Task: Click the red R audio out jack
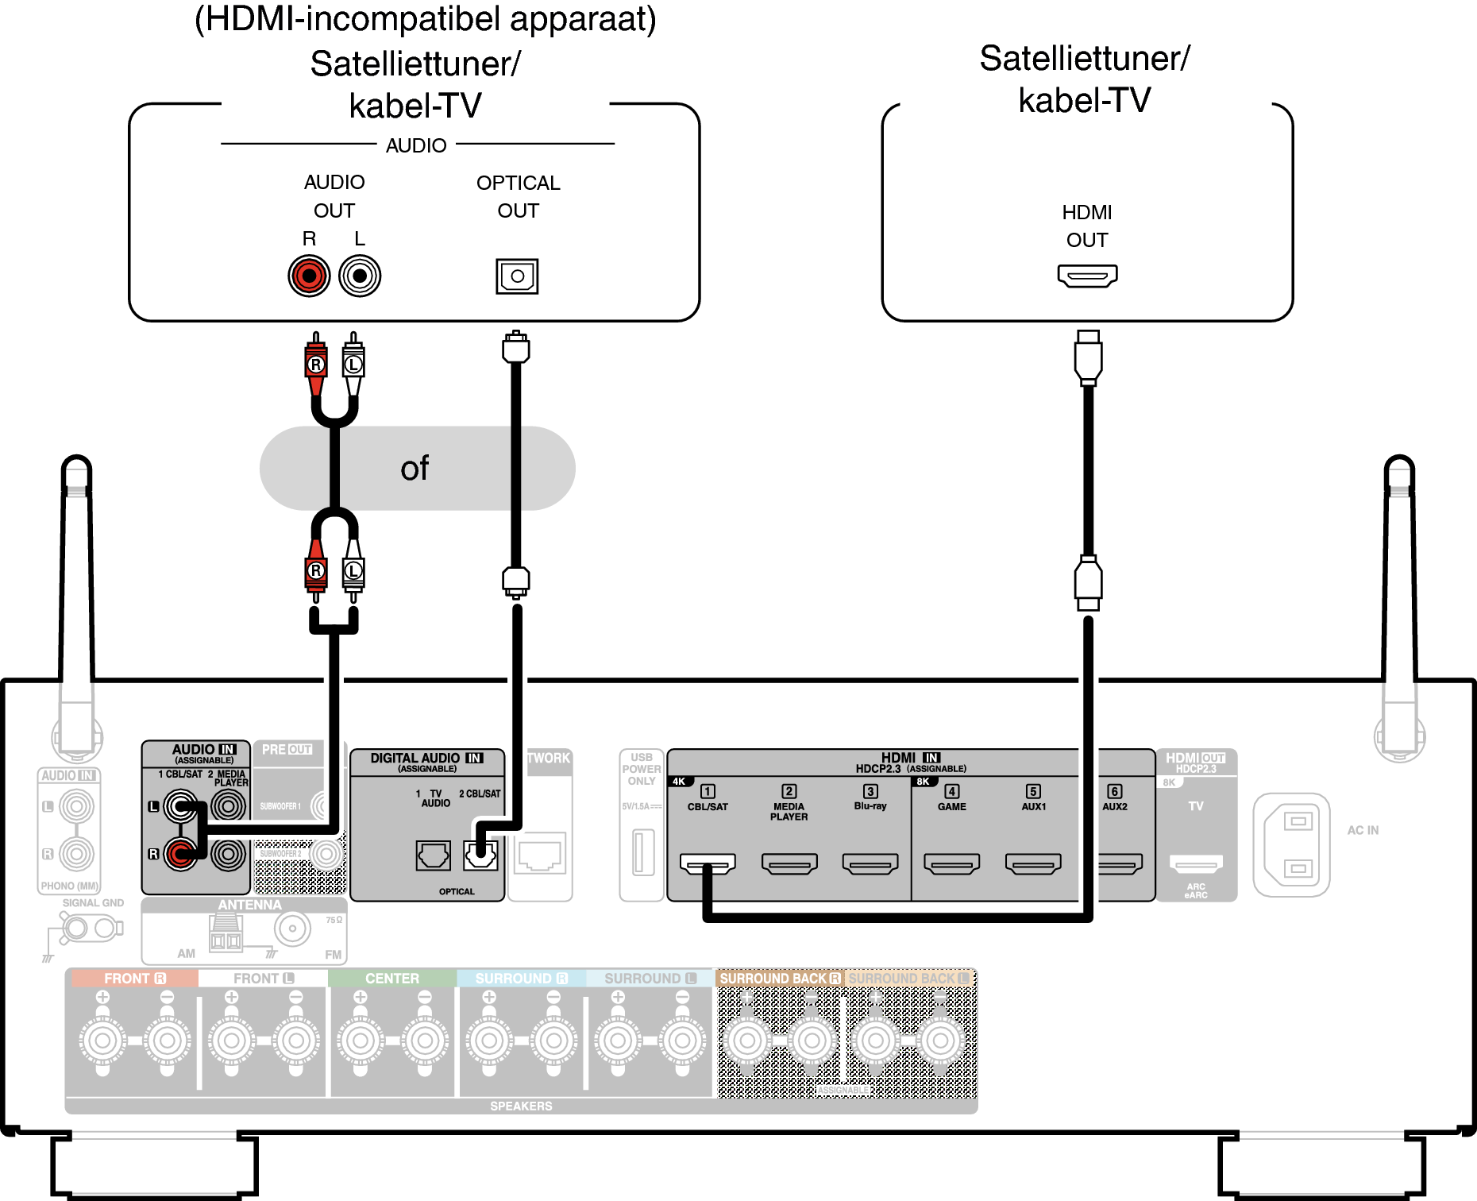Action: point(309,276)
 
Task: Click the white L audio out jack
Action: point(360,276)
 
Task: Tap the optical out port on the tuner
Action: point(517,276)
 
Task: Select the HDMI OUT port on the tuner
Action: point(1087,276)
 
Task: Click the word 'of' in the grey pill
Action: point(415,469)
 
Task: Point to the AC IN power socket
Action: point(1292,845)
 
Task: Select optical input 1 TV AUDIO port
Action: point(434,855)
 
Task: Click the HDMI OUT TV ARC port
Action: point(1196,863)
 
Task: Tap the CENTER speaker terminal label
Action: point(391,979)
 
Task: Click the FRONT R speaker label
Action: point(134,979)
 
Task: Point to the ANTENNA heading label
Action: point(249,905)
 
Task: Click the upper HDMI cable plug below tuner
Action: point(1088,357)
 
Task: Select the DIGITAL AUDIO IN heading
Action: point(426,759)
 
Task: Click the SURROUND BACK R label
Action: point(779,979)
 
